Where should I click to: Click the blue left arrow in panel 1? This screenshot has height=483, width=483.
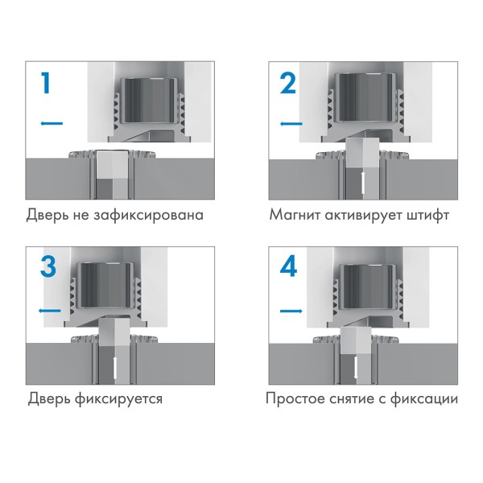(x=50, y=123)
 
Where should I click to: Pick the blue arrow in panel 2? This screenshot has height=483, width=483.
(x=291, y=123)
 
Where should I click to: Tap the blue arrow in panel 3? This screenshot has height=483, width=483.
(x=49, y=310)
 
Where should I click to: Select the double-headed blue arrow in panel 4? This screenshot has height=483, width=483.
(x=291, y=310)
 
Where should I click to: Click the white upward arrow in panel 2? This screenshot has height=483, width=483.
(x=364, y=182)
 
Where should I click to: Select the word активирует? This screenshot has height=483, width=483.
(x=365, y=216)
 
